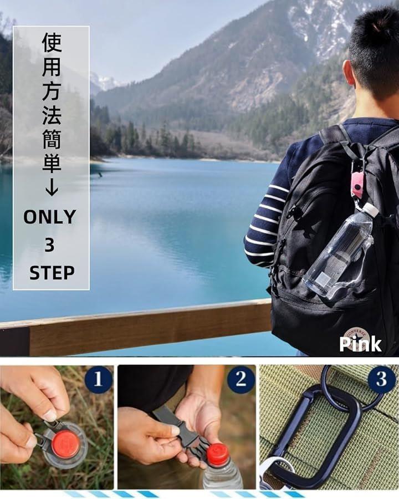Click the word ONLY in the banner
(50, 217)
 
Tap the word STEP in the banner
(52, 273)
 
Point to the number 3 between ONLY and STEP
(49, 245)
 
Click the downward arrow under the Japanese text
(52, 187)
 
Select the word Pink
(360, 344)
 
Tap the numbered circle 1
(98, 379)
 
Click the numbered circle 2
(241, 379)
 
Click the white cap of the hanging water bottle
(371, 210)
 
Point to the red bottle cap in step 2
(218, 453)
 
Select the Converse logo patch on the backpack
(356, 340)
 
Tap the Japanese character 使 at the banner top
(52, 42)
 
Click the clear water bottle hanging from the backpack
(339, 251)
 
